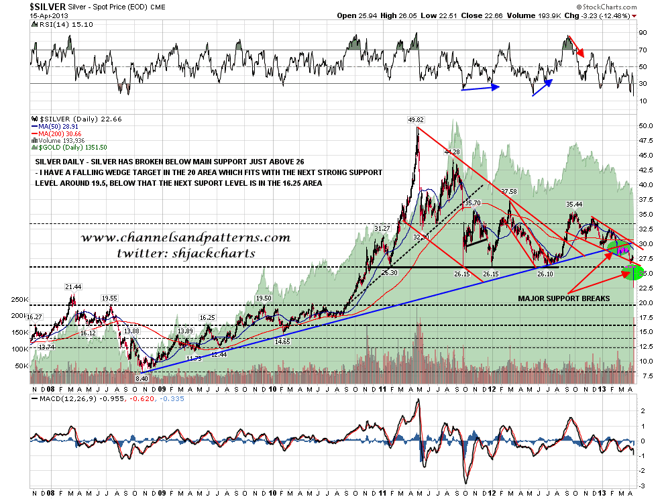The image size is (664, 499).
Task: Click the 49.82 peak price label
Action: pos(417,120)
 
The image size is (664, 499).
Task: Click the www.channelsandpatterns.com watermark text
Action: pos(186,237)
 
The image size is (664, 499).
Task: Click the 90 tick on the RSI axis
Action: pos(642,32)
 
